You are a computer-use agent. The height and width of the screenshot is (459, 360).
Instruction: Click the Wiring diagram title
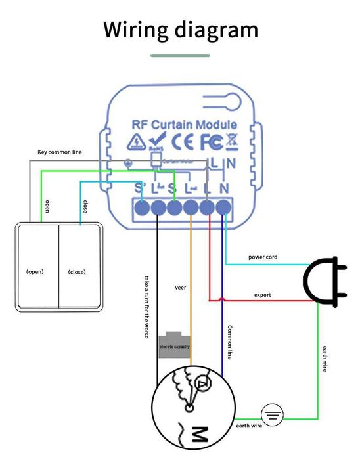point(180,30)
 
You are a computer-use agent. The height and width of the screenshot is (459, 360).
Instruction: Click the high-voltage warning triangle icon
point(137,141)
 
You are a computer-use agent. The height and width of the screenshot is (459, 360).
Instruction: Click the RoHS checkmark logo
point(157,140)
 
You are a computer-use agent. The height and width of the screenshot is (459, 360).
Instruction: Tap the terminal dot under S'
point(141,209)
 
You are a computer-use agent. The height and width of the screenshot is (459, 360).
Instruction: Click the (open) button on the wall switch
point(35,271)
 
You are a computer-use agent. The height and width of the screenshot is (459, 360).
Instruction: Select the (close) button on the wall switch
point(77,271)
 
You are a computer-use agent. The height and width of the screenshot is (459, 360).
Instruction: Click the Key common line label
point(59,152)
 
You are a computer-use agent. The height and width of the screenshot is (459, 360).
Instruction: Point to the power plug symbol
point(323,281)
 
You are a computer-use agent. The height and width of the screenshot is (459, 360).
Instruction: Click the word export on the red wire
point(262,295)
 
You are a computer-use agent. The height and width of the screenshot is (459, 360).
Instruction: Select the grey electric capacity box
point(174,345)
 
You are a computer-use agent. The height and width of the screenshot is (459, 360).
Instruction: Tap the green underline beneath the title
point(180,56)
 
